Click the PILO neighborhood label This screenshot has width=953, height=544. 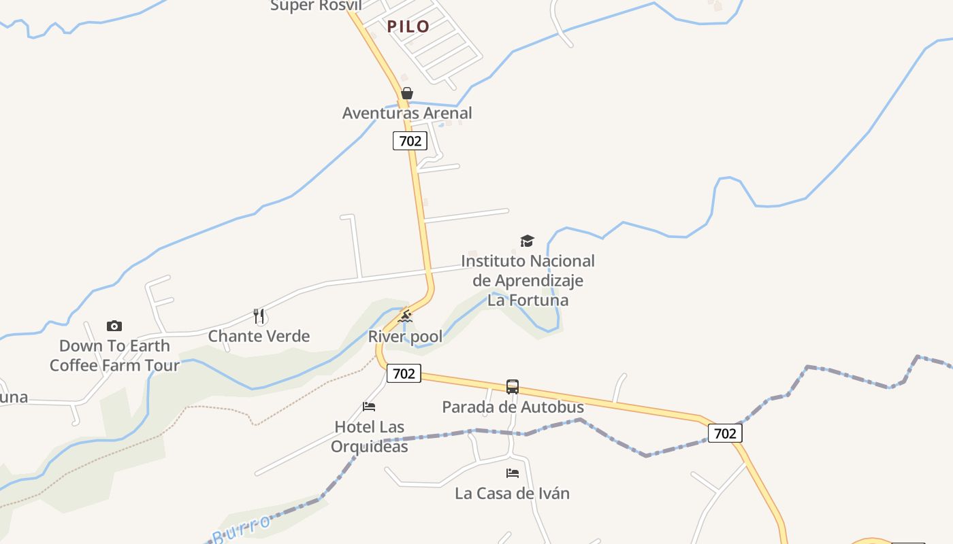pos(408,27)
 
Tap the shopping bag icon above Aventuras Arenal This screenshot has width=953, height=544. pos(407,93)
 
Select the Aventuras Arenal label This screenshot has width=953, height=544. pos(407,113)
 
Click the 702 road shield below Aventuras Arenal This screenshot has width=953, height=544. pos(410,141)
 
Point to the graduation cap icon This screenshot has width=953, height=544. pos(527,241)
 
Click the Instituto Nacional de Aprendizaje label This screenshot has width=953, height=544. pos(528,280)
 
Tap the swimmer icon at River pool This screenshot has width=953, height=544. pos(405,316)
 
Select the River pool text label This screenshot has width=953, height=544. pos(405,336)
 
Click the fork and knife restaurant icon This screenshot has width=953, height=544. pos(259,316)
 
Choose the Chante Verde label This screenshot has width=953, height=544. pos(259,336)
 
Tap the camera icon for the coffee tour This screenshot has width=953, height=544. pos(114,326)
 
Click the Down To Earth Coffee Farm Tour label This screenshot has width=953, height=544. pos(114,355)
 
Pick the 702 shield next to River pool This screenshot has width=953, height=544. pos(404,373)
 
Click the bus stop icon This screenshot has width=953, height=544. pos(513,387)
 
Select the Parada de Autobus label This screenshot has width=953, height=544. pos(513,407)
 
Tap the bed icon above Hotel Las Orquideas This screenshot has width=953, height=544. pos(369,407)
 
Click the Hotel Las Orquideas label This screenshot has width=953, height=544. pos(370,437)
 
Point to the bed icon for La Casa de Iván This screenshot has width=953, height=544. pos(513,473)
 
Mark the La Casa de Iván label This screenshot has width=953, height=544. pos(512,493)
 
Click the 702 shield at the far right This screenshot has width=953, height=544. pos(725,433)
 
